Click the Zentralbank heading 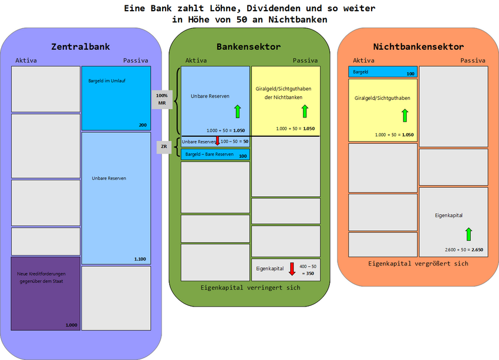click(80, 46)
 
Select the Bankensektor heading click(248, 46)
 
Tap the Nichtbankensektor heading click(418, 46)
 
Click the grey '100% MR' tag click(162, 99)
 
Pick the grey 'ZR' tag click(164, 146)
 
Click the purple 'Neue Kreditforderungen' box click(46, 293)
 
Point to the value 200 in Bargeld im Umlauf click(143, 125)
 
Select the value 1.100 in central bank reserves click(140, 259)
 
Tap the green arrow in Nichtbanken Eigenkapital click(468, 234)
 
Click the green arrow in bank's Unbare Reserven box click(237, 110)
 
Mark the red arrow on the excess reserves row click(217, 141)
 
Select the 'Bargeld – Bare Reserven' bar click(215, 154)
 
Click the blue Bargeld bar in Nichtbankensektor click(382, 72)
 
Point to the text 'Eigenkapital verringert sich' click(250, 288)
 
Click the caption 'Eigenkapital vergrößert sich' click(418, 264)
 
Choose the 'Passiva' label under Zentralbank click(136, 60)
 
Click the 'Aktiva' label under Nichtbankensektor click(363, 60)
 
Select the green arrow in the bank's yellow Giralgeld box click(305, 110)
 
